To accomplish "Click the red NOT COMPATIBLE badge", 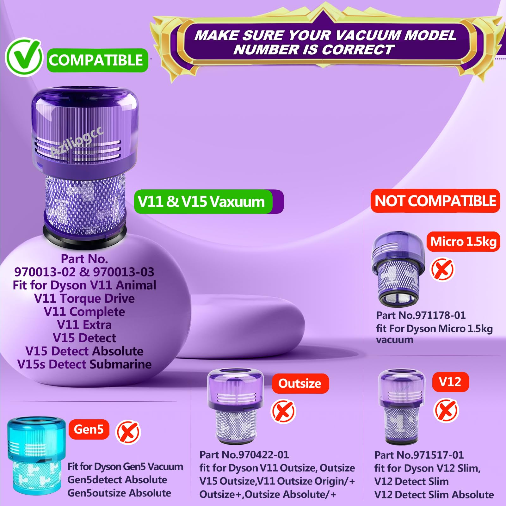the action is coord(435,201).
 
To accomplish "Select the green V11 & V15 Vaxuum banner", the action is coord(209,201).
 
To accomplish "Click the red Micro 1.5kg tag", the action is coord(463,242).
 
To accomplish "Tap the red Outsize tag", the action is coord(300,384).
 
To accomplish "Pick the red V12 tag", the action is coord(450,382).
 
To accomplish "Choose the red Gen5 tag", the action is coord(89,429).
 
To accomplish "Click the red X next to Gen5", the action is coord(128,432).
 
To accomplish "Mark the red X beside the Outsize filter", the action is coord(283,411).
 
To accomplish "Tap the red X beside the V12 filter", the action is coord(446,410).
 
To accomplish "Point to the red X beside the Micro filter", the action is coord(442,269).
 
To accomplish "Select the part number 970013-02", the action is coord(45,272).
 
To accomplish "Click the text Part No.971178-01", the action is coord(421,315).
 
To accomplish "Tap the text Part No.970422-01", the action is coord(244,455).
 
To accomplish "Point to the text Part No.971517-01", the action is coord(419,455).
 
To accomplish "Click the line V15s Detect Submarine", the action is coord(84,364).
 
